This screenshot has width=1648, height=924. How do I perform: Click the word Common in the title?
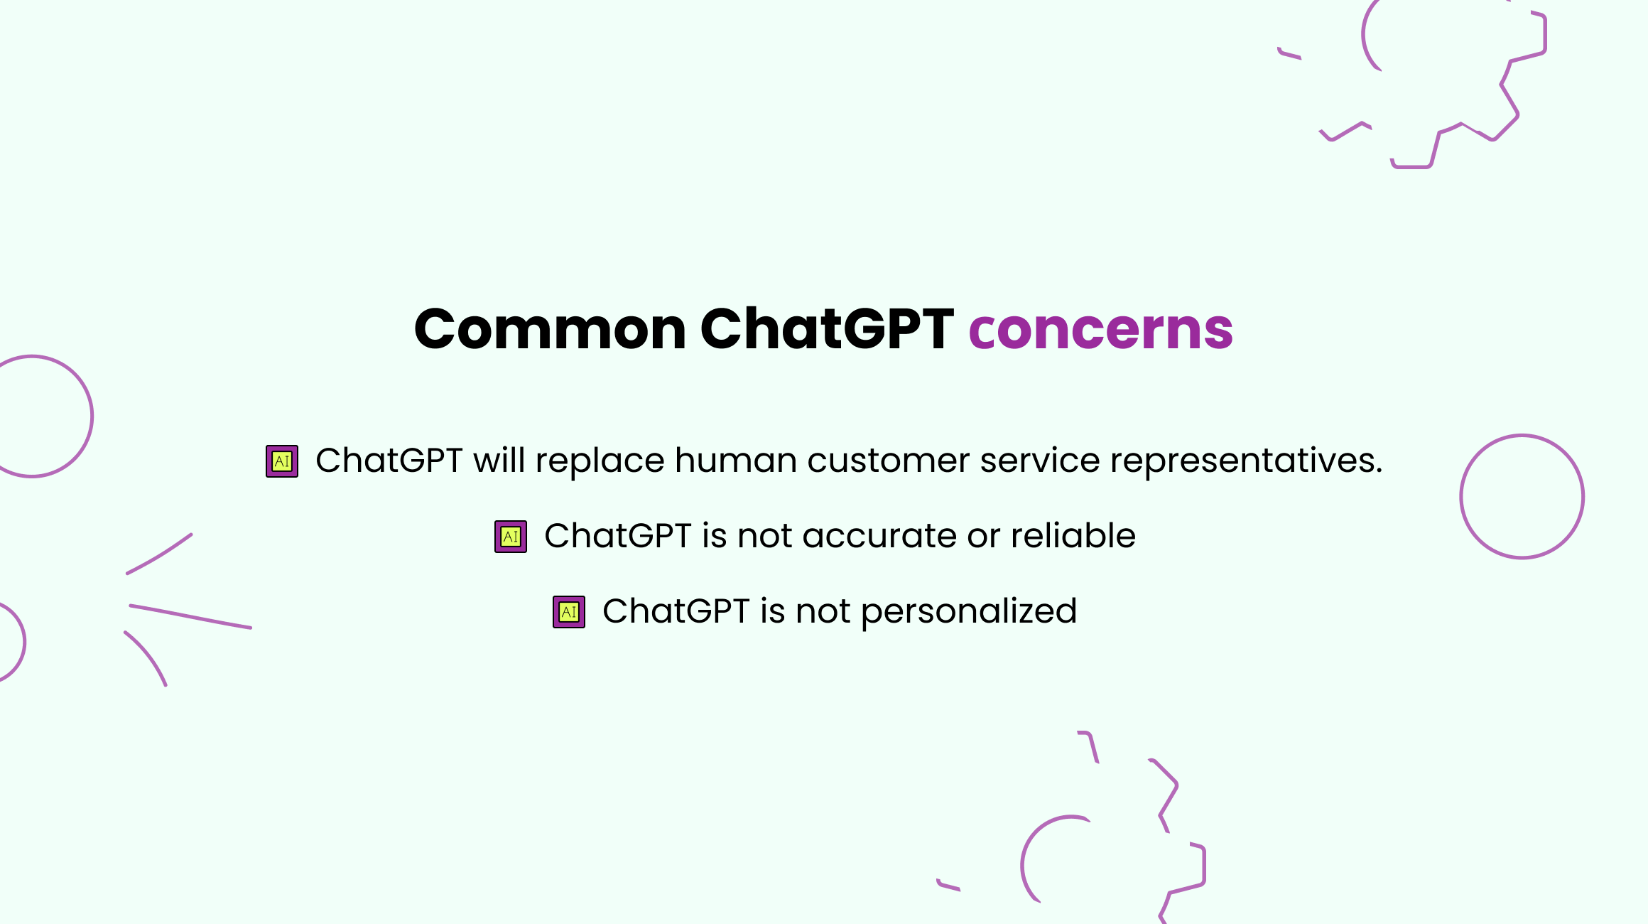[x=550, y=329]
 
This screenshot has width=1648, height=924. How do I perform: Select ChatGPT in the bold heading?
[x=827, y=329]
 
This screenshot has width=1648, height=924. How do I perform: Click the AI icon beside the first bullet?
[x=282, y=461]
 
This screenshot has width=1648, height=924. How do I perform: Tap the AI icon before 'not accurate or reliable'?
[x=511, y=537]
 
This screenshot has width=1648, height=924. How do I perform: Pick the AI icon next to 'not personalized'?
[x=569, y=612]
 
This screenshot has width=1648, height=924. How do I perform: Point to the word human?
[x=735, y=460]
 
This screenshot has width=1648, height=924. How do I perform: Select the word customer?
[x=888, y=461]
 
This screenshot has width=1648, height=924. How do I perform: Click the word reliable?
[x=1073, y=535]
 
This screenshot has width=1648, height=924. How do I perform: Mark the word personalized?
[x=969, y=612]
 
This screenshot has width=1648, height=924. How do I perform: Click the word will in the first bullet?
[x=499, y=460]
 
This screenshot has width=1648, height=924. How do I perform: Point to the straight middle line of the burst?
[x=190, y=616]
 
